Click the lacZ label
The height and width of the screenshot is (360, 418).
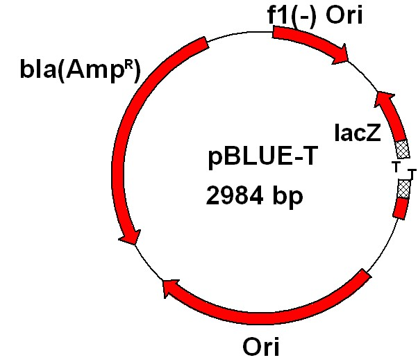[x=357, y=133]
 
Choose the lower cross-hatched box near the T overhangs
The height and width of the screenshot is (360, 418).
[x=404, y=188]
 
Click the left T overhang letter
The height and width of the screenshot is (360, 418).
[x=396, y=167]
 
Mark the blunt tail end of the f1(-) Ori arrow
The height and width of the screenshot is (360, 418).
[x=276, y=33]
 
